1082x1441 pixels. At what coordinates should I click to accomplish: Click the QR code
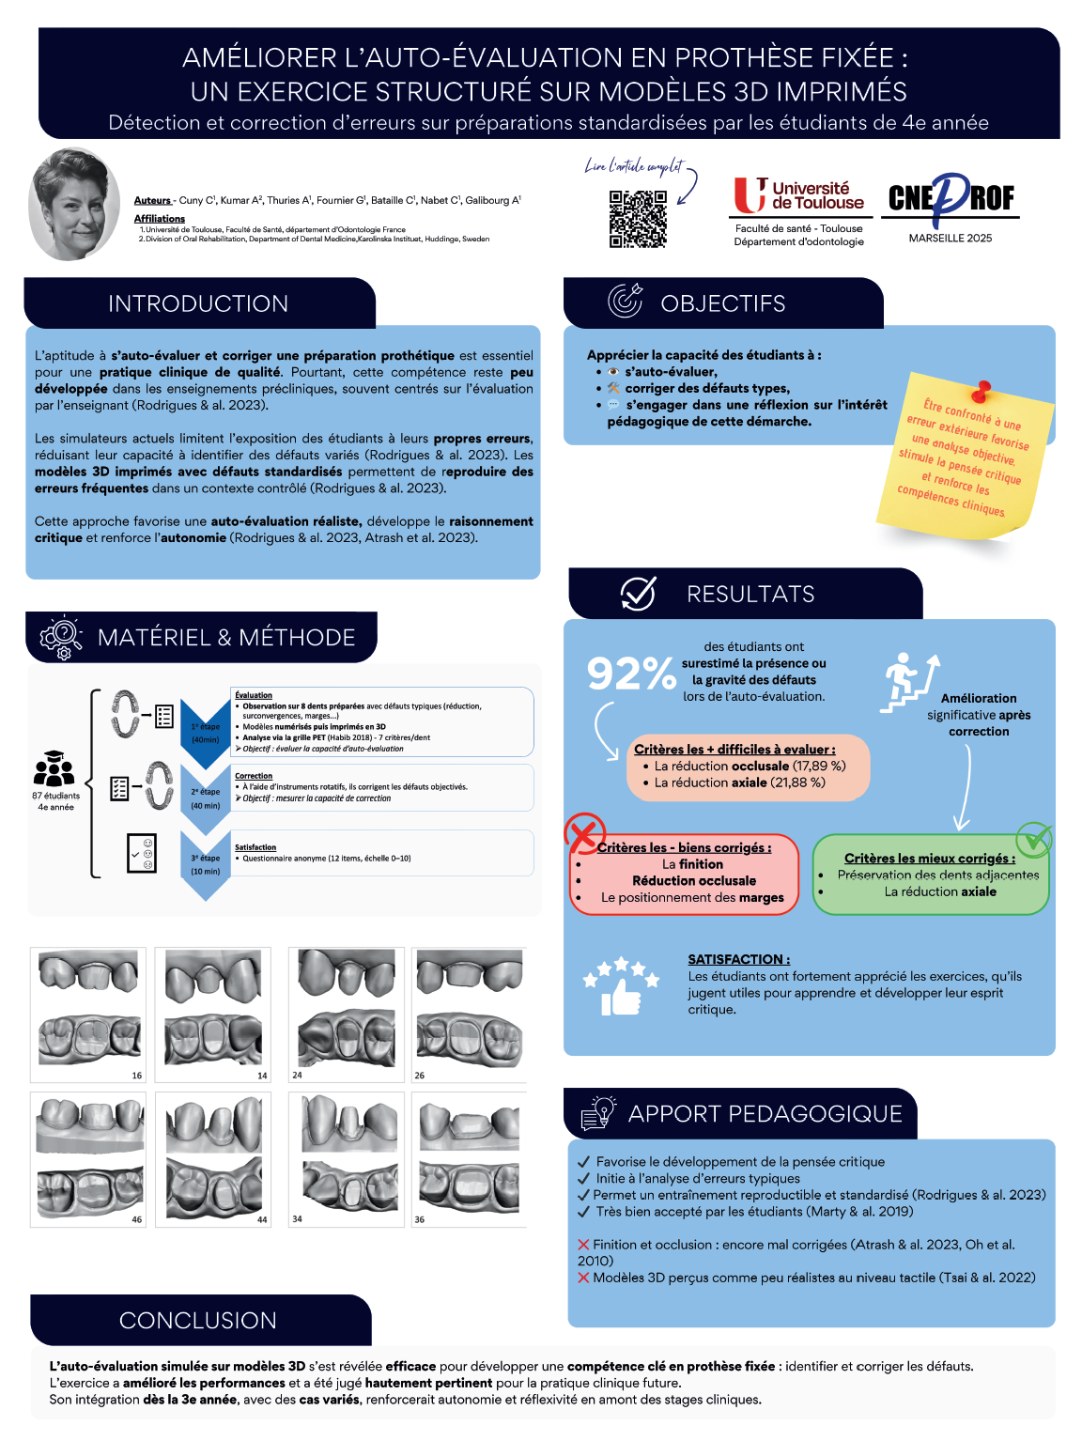[x=638, y=219]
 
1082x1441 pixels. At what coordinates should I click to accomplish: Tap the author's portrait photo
[x=74, y=204]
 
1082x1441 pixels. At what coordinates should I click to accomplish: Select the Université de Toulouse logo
[x=798, y=195]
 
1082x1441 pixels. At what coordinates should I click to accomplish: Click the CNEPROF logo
[x=951, y=197]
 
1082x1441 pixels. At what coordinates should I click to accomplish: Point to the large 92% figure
[x=631, y=673]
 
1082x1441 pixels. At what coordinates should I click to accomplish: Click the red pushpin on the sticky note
[x=982, y=389]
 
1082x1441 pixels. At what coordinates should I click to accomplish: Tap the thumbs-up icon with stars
[x=620, y=986]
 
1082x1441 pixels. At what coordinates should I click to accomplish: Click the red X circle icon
[x=584, y=833]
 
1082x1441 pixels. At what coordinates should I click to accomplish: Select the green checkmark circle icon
[x=1034, y=839]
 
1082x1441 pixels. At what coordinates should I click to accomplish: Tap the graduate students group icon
[x=54, y=769]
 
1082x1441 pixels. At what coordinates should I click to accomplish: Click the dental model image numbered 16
[x=88, y=1015]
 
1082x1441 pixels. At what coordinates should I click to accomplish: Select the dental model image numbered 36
[x=469, y=1159]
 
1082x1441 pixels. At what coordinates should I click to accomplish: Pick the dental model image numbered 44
[x=213, y=1159]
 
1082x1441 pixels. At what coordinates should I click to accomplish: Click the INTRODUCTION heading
[x=198, y=303]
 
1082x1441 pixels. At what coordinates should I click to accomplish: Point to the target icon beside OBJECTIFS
[x=625, y=301]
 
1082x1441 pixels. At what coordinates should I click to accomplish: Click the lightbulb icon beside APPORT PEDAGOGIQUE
[x=598, y=1112]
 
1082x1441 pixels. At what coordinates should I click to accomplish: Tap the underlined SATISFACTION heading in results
[x=738, y=959]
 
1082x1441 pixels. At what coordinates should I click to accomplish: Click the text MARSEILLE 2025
[x=950, y=238]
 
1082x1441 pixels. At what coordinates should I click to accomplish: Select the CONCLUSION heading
[x=198, y=1320]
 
